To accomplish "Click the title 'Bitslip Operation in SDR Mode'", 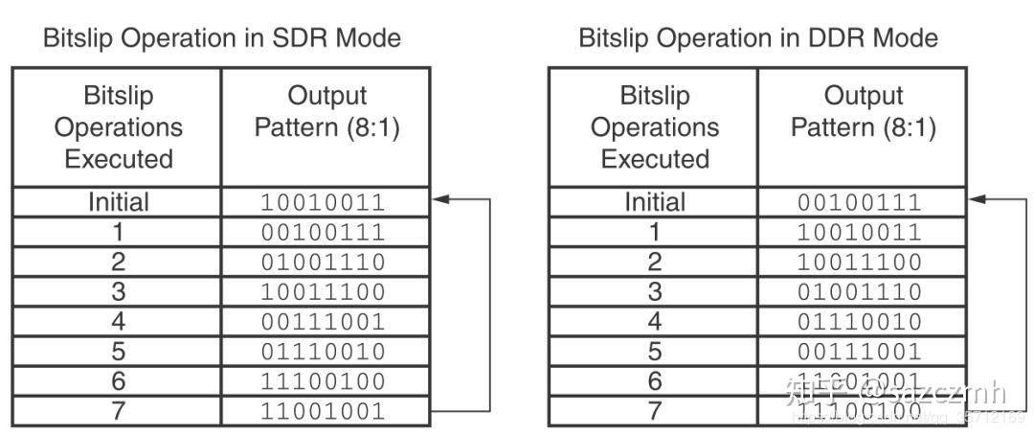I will [221, 38].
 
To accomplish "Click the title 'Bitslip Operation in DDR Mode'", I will [757, 38].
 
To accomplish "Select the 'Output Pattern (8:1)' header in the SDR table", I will [326, 112].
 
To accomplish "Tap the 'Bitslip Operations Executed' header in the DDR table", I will [655, 127].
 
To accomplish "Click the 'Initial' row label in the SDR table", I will [118, 202].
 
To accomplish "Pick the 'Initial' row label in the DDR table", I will [655, 202].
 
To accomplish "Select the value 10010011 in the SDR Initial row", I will [325, 202].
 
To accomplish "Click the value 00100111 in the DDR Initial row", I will [861, 202].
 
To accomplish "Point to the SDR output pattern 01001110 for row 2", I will [325, 262].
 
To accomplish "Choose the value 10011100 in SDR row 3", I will [325, 291].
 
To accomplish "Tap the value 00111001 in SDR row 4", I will [325, 321].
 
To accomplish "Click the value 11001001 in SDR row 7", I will [325, 411].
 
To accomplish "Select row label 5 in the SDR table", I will [118, 351].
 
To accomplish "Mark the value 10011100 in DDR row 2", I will [861, 262].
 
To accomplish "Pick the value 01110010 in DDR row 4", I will [861, 321].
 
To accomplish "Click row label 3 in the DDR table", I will [655, 291].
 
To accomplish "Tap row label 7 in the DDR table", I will [655, 411].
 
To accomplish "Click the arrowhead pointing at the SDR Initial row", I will [440, 199].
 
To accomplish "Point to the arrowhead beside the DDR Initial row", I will [977, 199].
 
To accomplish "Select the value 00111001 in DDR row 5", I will [861, 351].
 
